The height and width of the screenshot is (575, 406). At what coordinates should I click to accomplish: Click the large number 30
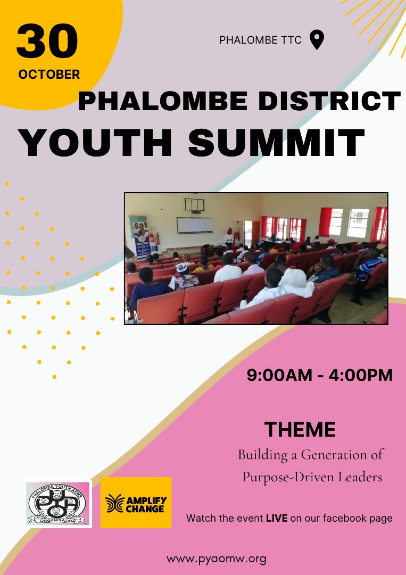click(x=47, y=43)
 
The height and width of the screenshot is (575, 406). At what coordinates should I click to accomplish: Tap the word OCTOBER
click(x=49, y=75)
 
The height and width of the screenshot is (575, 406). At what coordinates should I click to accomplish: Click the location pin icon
click(x=317, y=40)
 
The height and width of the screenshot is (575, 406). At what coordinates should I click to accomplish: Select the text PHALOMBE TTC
click(x=260, y=40)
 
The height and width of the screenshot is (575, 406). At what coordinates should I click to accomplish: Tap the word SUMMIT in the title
click(x=276, y=143)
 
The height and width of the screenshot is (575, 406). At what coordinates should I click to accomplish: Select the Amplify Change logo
click(x=136, y=503)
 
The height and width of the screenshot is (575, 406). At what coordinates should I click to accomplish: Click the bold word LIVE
click(x=277, y=518)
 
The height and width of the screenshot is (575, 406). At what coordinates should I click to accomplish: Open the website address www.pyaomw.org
click(x=216, y=559)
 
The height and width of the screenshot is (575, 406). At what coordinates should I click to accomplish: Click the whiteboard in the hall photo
click(x=195, y=225)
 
